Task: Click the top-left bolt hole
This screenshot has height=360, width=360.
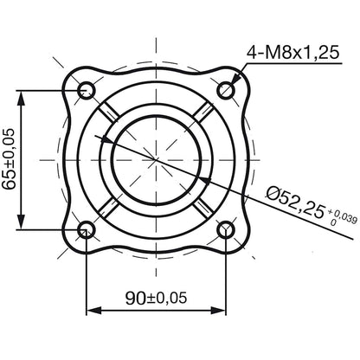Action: click(x=87, y=90)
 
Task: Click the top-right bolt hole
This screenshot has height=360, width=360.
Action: click(x=227, y=90)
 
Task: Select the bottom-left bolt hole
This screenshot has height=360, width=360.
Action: click(x=87, y=229)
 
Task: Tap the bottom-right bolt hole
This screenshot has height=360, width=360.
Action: click(x=227, y=229)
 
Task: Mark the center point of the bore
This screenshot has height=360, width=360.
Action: click(x=157, y=159)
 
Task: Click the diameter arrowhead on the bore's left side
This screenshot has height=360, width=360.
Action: click(x=108, y=138)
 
